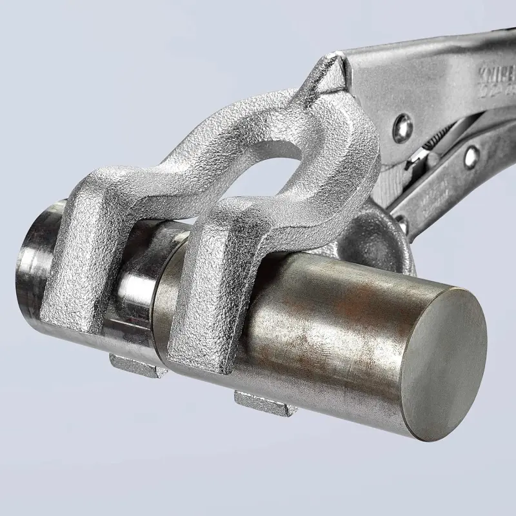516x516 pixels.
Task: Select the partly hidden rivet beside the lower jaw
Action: coord(402,223)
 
